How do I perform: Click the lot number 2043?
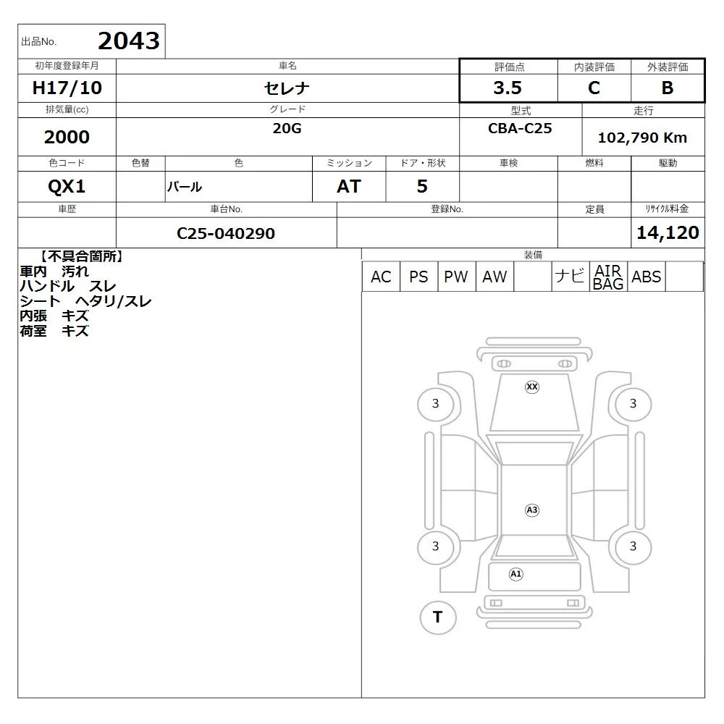click(129, 41)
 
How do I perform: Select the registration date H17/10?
click(67, 88)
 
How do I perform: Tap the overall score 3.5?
click(508, 88)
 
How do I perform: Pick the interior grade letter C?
click(594, 88)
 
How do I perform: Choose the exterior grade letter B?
click(668, 88)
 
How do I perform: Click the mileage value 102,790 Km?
click(642, 138)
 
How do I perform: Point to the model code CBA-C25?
click(520, 128)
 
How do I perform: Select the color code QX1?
click(67, 187)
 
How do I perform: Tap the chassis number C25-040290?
click(226, 233)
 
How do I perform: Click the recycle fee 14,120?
click(668, 232)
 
